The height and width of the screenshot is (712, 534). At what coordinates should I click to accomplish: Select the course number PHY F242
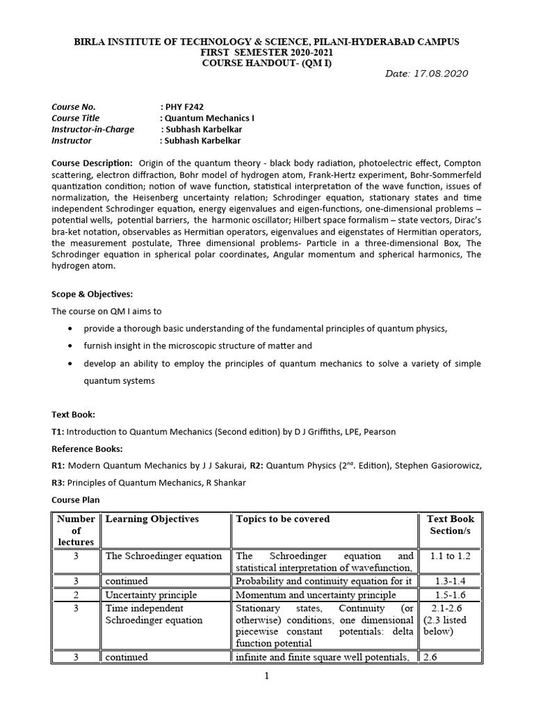coord(184,107)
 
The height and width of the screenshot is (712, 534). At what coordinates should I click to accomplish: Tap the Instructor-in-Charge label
coord(92,129)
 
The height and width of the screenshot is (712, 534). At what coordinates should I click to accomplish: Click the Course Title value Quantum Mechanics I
coord(209,118)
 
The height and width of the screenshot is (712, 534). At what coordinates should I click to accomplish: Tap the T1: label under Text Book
coord(58,432)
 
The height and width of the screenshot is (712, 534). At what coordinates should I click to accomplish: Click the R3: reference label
coord(58,483)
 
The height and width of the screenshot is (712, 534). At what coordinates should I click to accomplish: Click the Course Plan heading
coord(75,499)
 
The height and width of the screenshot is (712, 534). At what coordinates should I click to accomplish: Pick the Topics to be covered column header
coord(283,519)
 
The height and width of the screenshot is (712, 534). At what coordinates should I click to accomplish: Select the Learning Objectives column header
coord(152,519)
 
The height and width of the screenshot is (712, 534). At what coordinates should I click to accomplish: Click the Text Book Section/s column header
coord(450,525)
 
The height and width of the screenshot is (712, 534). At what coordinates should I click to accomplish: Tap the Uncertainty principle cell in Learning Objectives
coord(151,595)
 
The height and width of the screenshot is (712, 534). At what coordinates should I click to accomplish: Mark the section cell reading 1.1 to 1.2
coord(450,556)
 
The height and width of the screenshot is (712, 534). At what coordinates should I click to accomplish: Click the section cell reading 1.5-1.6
coord(450,595)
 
